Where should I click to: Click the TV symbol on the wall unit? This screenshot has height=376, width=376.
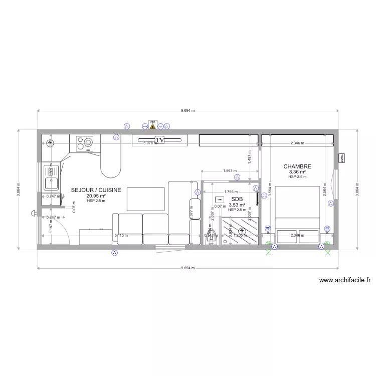point(160,140)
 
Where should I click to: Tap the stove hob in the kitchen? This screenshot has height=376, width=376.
point(84,143)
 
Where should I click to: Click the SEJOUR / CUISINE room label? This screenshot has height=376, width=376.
point(96,191)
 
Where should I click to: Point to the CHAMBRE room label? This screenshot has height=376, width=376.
point(297,166)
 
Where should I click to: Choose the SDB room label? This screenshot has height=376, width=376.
point(237,199)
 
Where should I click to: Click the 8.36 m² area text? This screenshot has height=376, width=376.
point(297,172)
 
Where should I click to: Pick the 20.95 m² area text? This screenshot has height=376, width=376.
point(96,196)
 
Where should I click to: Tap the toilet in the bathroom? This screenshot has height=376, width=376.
point(210,240)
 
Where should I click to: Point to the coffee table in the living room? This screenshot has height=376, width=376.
point(146,199)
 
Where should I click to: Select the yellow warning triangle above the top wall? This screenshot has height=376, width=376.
point(152,123)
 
